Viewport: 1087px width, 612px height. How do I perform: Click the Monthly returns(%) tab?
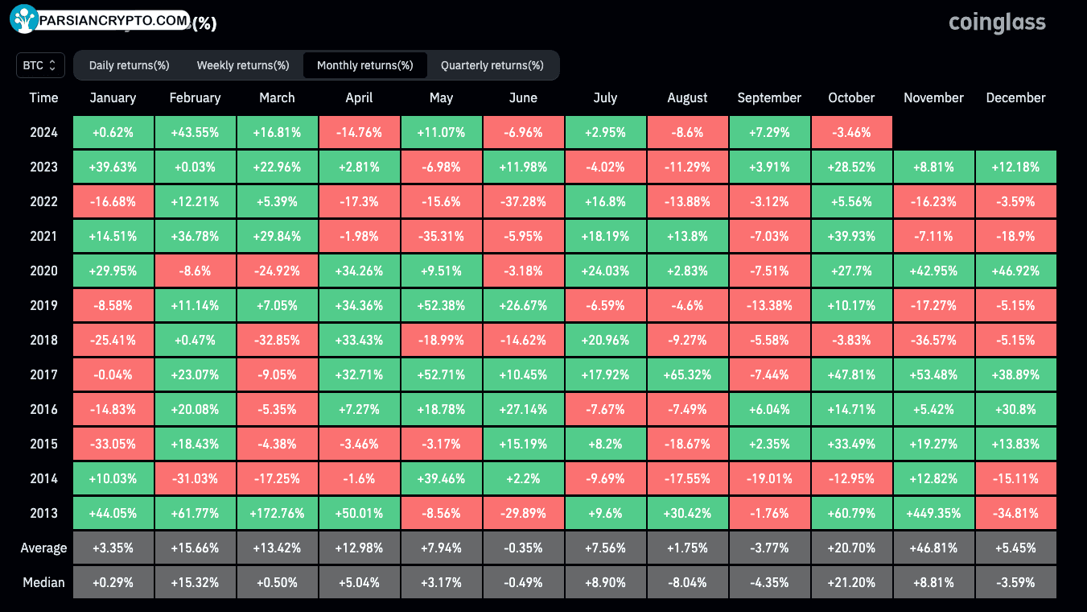[x=365, y=65]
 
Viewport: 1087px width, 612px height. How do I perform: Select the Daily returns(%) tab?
[x=129, y=65]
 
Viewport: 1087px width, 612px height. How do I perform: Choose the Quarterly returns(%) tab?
[x=492, y=65]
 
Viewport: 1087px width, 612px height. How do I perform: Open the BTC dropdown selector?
[x=40, y=65]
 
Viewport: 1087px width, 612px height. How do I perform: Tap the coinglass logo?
[x=997, y=23]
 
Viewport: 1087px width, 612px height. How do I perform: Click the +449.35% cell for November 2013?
[x=933, y=513]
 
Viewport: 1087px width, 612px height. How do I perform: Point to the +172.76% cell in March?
[x=277, y=513]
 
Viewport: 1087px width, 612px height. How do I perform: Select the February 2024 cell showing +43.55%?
[x=195, y=132]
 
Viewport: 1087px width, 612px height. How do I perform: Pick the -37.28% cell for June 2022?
[x=523, y=201]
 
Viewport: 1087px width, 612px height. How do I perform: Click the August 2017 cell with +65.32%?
[x=687, y=374]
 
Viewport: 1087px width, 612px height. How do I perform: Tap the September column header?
[x=769, y=97]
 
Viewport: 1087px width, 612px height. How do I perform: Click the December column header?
[x=1015, y=97]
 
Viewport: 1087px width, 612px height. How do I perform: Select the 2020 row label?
[x=43, y=271]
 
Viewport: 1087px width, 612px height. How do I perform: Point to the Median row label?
[x=43, y=582]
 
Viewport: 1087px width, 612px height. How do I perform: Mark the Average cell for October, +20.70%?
[x=851, y=548]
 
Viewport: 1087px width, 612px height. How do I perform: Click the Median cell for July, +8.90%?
[x=605, y=582]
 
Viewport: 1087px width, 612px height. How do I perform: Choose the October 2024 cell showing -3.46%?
[x=851, y=132]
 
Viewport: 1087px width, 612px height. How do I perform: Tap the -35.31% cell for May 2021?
[x=441, y=236]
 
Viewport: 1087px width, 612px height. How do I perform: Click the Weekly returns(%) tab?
[x=243, y=65]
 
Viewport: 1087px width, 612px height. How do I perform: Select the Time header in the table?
[x=43, y=97]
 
